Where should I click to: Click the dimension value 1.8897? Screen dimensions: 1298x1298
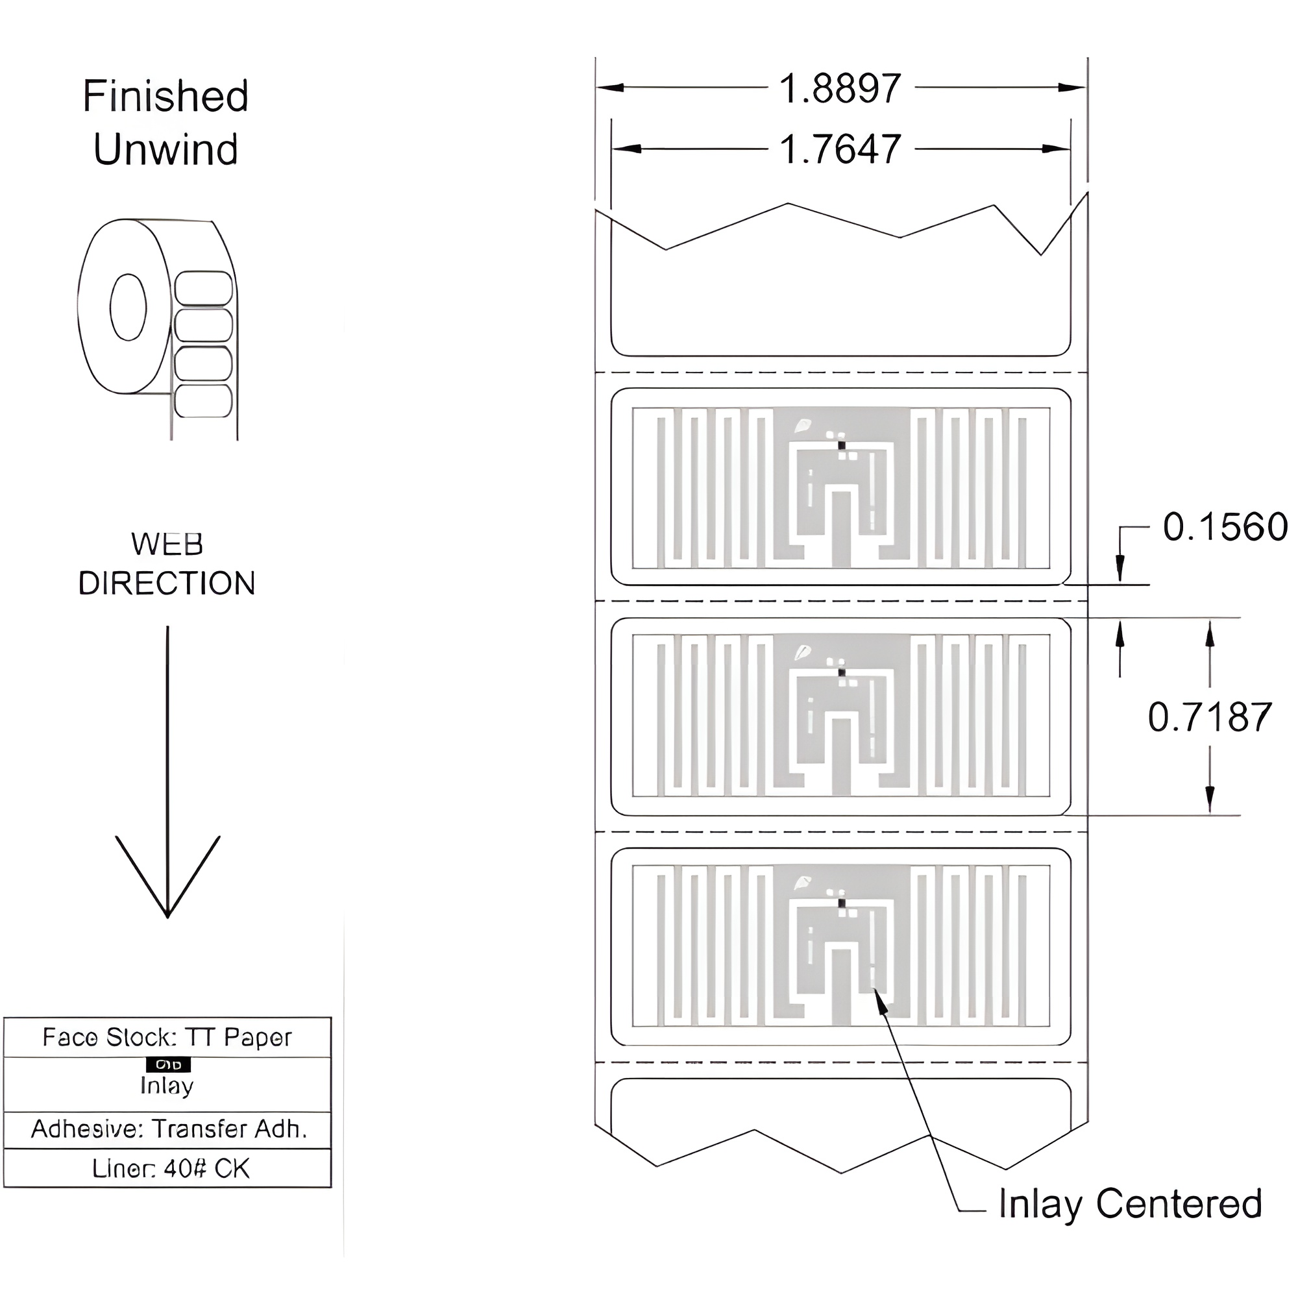pos(839,89)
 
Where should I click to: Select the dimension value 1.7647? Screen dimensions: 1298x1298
pos(839,149)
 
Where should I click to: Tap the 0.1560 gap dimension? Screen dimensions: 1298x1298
pos(1224,527)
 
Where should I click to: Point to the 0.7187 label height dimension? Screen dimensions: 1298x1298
pos(1209,718)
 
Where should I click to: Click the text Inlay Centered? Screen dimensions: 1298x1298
pos(1129,1203)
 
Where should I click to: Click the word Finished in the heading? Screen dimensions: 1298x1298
pos(165,96)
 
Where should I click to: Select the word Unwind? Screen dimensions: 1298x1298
pos(165,149)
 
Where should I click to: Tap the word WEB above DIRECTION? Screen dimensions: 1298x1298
pos(167,545)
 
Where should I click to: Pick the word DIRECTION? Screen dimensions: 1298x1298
pos(167,583)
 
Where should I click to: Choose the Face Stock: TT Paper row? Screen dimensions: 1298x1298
pos(167,1037)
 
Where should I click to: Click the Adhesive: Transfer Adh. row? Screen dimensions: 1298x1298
pos(168,1129)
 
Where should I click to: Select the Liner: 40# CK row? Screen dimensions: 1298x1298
pos(170,1169)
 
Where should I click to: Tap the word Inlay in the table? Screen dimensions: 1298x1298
pos(167,1086)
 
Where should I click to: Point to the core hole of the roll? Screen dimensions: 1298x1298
pos(128,307)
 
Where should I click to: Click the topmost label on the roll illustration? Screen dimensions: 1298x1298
pos(204,288)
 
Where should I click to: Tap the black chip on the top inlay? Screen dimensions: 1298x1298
pos(841,445)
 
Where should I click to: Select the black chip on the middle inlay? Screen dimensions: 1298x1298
pos(841,672)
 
